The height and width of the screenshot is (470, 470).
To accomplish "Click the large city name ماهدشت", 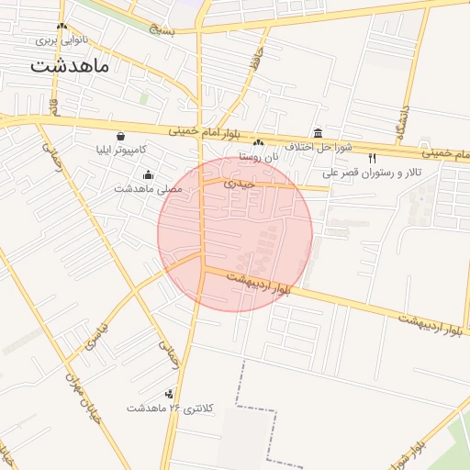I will tap(69, 65).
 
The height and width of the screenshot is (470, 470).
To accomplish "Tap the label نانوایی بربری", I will tap(62, 39).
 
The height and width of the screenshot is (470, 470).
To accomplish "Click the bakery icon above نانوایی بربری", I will tap(62, 27).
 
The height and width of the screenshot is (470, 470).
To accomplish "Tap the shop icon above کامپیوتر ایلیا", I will tap(121, 136).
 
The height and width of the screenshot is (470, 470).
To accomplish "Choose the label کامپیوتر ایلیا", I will tap(121, 149).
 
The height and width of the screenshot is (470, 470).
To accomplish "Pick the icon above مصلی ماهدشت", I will tap(149, 174).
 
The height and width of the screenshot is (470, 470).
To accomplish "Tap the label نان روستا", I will tap(258, 156).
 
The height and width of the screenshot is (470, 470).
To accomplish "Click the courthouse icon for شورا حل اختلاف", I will tap(318, 133).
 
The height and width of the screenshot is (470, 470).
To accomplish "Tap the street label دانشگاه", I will tap(402, 118).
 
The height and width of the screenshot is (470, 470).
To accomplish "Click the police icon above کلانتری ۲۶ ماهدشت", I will tap(168, 394).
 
